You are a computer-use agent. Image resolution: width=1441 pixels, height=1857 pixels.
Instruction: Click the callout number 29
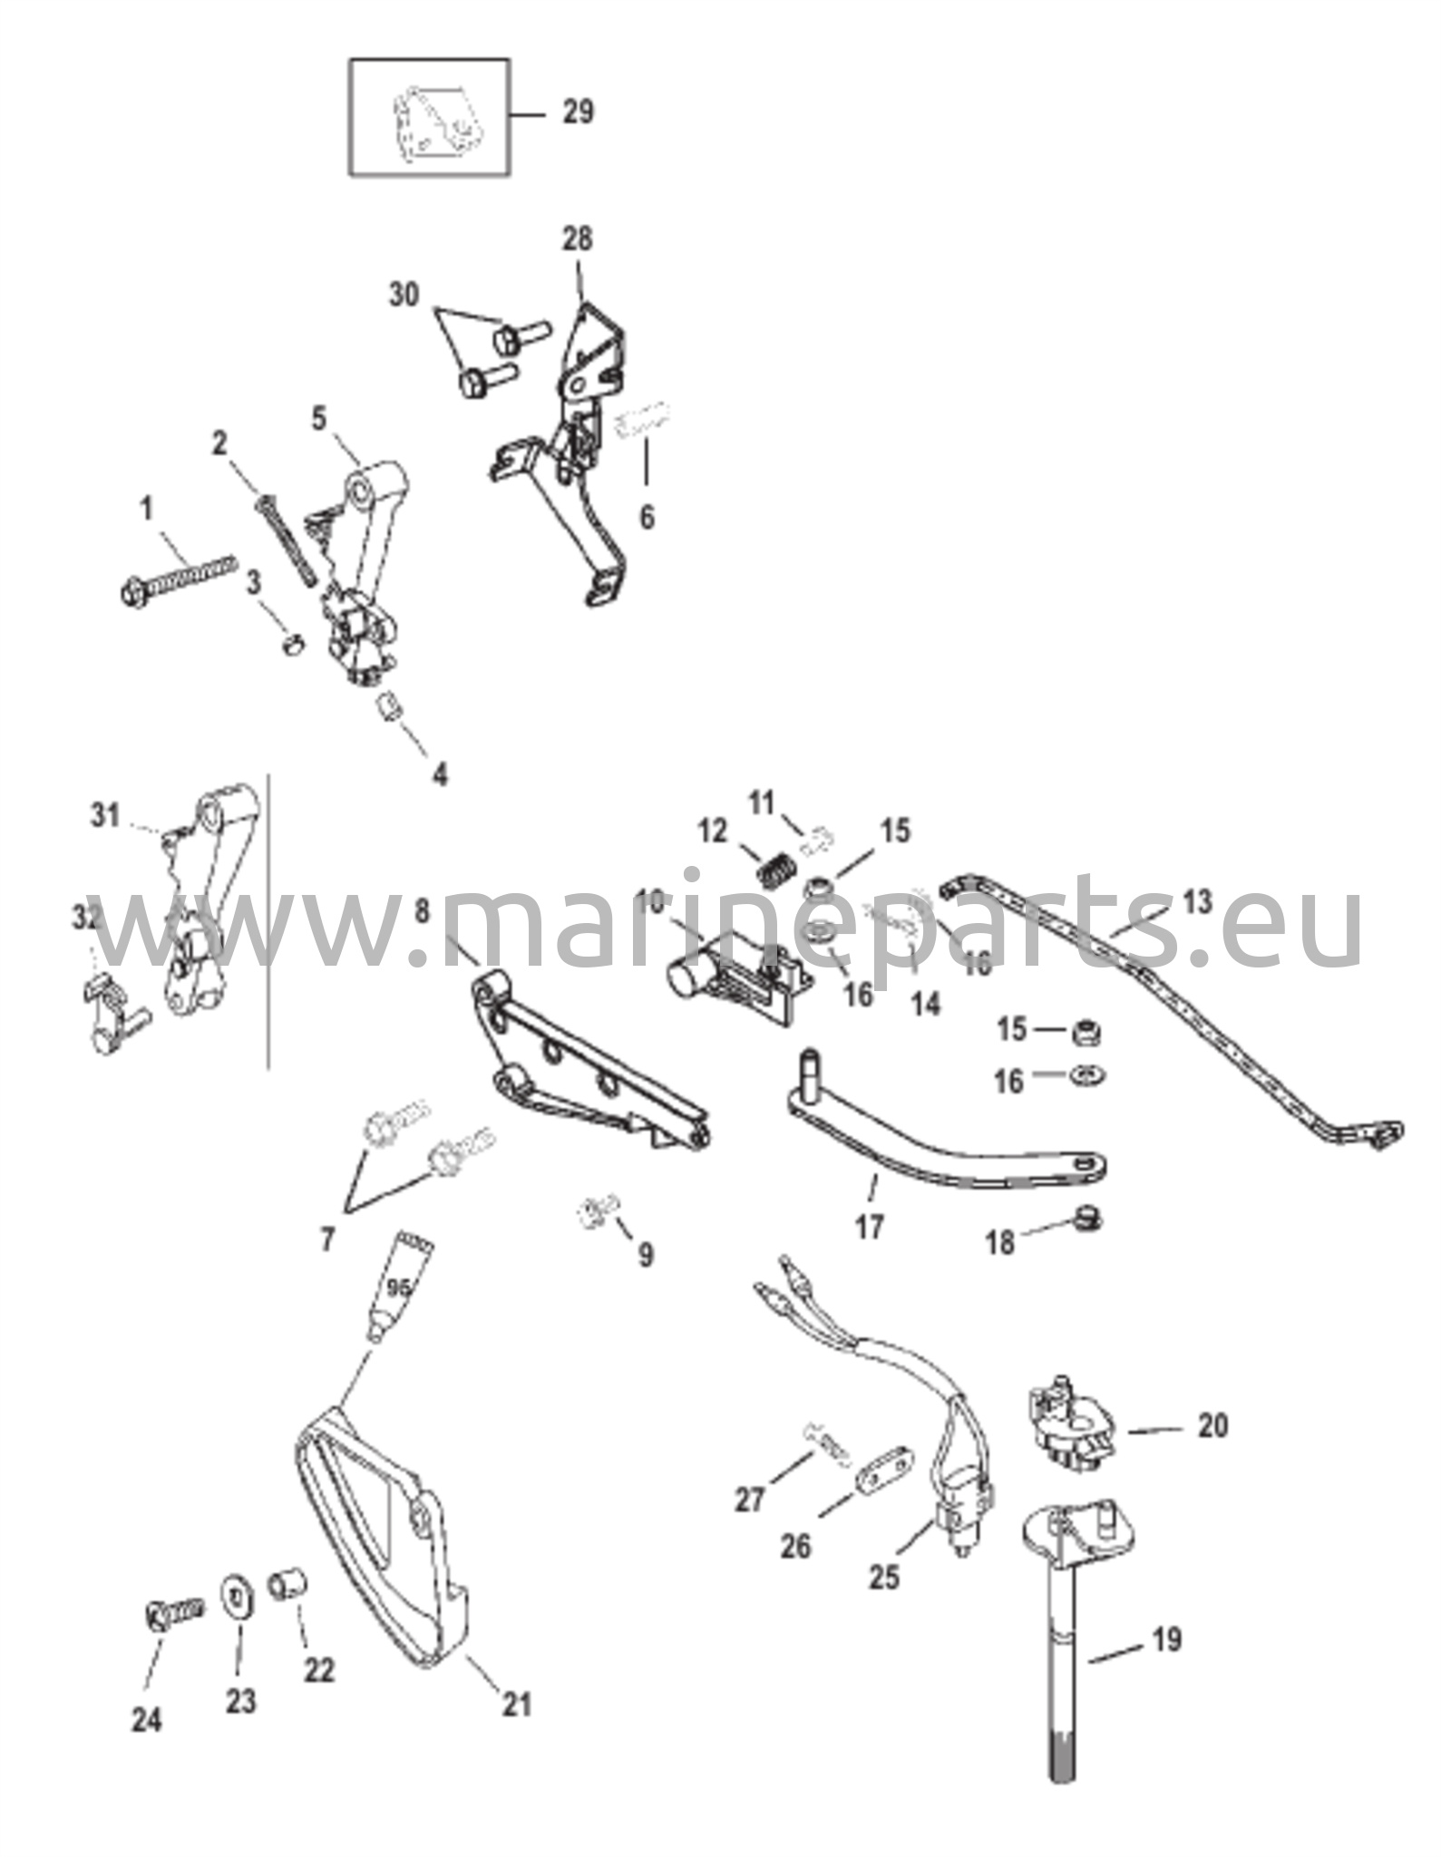578,112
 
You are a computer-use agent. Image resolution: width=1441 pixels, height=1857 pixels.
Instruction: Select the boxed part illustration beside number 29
430,117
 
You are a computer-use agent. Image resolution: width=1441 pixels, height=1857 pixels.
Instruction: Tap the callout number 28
577,239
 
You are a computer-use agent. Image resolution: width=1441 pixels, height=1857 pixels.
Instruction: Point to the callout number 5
319,420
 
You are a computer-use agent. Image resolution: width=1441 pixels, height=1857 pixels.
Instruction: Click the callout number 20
1212,1426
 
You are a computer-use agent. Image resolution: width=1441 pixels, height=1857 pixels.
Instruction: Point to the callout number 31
105,816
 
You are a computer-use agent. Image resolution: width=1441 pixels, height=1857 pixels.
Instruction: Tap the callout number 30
405,295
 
